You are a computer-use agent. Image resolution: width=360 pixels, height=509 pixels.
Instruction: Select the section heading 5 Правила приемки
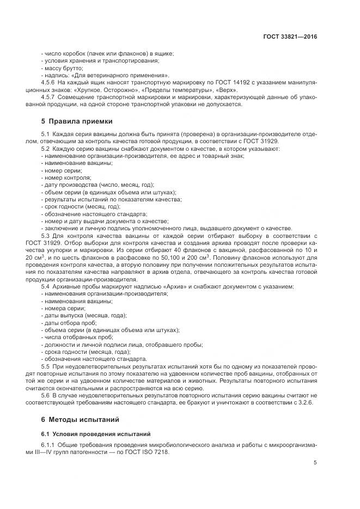pos(74,120)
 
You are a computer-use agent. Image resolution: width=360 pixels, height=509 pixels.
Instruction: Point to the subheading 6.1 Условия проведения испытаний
pos(85,434)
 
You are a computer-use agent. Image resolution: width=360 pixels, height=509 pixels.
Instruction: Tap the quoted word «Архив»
pos(152,286)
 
